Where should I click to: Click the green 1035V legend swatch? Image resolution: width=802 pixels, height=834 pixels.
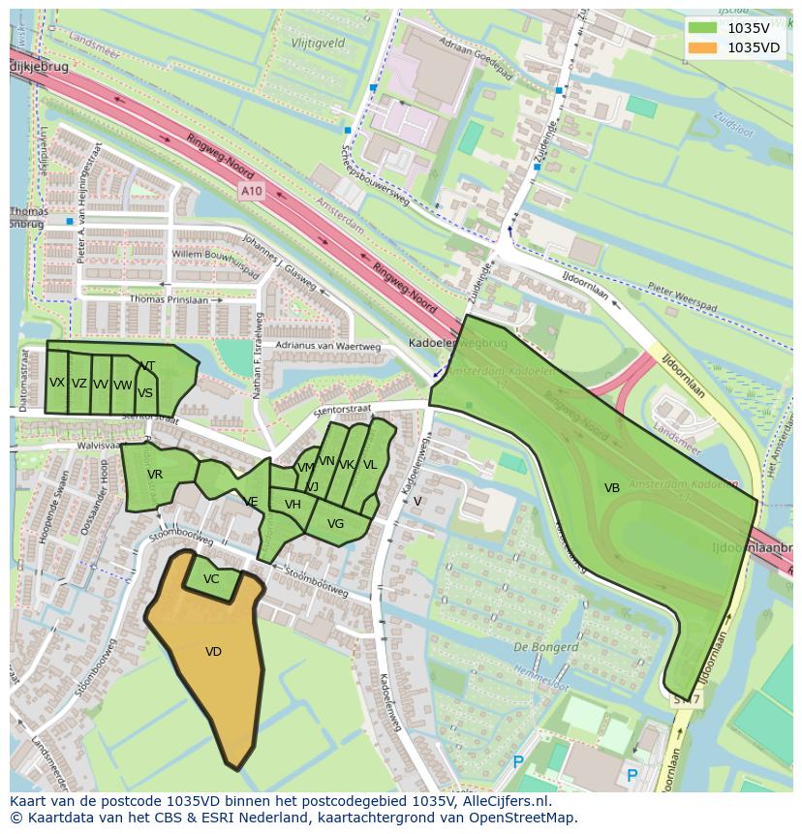(704, 28)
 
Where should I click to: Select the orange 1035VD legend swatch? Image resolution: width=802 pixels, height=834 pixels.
(704, 47)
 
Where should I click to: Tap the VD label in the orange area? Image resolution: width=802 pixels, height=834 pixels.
(213, 652)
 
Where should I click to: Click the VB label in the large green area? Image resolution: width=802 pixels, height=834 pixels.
(611, 488)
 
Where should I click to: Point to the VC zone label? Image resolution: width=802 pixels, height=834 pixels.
(211, 579)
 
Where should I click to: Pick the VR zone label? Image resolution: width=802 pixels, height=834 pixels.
(155, 475)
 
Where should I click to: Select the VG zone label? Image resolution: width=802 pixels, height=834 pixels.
(335, 524)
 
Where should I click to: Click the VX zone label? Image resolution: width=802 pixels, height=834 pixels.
(57, 383)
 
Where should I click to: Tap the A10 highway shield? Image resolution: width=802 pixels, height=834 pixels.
(251, 192)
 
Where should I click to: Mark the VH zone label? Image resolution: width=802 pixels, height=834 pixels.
(293, 505)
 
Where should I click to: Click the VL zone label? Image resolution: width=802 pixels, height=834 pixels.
(369, 465)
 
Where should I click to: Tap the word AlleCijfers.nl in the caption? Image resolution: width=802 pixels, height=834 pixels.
(504, 802)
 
